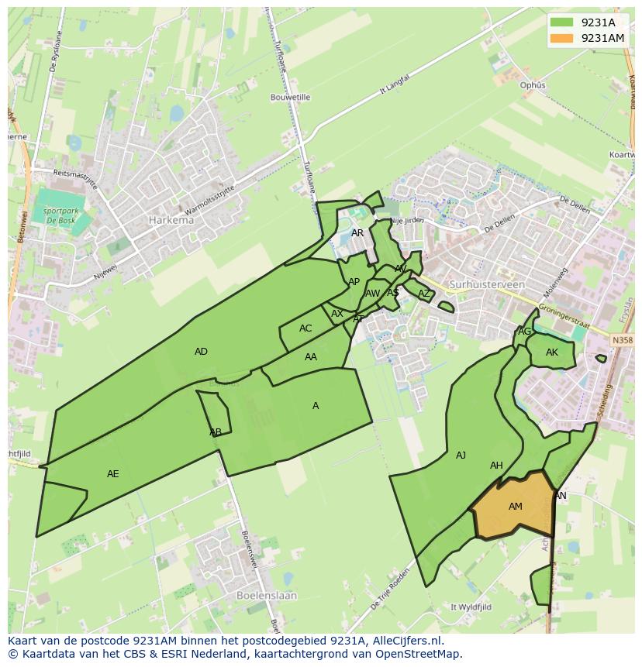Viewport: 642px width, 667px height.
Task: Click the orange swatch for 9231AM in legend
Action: (x=562, y=38)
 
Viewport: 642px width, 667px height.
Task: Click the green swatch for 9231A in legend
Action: (x=562, y=22)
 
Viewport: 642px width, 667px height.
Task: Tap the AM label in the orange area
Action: (x=515, y=507)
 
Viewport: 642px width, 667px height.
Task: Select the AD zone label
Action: (x=201, y=352)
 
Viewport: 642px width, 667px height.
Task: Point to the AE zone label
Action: (x=113, y=473)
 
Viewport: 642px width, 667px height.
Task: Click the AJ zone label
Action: (x=461, y=456)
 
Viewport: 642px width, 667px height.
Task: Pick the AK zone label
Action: (x=551, y=352)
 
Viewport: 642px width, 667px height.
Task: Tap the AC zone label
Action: (x=305, y=328)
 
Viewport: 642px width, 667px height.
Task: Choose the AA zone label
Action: (x=311, y=357)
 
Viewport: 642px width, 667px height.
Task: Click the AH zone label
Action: (x=496, y=466)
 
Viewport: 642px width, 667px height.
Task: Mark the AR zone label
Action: (x=357, y=233)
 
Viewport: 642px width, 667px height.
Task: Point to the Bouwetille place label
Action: (x=290, y=98)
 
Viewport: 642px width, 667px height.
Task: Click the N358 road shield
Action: (x=621, y=340)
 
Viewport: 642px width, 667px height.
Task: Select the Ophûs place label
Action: (x=533, y=85)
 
